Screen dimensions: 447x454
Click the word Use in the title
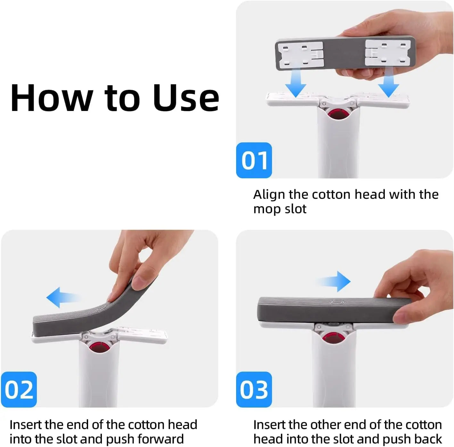point(186,98)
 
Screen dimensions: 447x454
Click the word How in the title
point(51,98)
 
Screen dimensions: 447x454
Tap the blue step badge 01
point(254,160)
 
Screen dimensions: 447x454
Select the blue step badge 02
point(19,390)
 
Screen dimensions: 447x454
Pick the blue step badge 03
point(254,390)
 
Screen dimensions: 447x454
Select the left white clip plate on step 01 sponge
point(301,55)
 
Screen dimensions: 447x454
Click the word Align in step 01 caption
point(269,195)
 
